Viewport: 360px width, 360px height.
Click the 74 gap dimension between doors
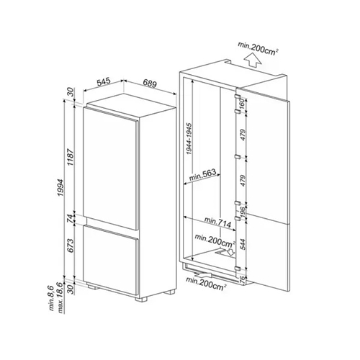(x=69, y=218)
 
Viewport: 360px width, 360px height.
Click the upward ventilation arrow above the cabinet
(x=249, y=62)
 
